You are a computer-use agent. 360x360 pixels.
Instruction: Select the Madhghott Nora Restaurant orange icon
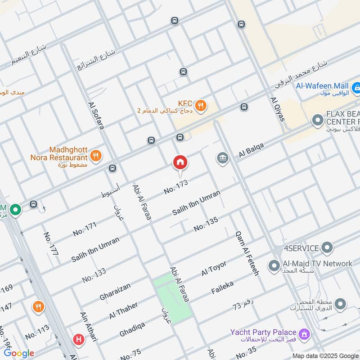pyautogui.click(x=95, y=156)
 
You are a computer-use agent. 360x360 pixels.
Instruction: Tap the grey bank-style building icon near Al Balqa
pyautogui.click(x=222, y=158)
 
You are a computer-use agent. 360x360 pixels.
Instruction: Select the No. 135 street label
pyautogui.click(x=206, y=224)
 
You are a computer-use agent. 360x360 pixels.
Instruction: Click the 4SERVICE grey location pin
pyautogui.click(x=327, y=248)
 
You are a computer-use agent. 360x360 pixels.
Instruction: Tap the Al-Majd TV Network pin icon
pyautogui.click(x=273, y=265)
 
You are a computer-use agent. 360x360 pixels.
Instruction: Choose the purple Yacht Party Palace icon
pyautogui.click(x=305, y=334)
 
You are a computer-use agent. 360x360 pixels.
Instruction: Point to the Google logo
pyautogui.click(x=19, y=353)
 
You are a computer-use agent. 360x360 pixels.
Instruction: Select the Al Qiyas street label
pyautogui.click(x=277, y=109)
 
